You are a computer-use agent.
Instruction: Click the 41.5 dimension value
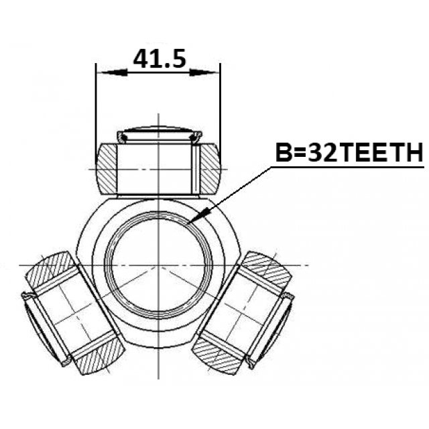click(x=160, y=58)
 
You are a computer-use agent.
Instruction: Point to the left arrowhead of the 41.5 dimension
click(x=113, y=73)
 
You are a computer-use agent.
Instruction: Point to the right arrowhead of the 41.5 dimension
click(x=204, y=73)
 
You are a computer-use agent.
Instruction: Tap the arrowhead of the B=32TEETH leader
click(x=199, y=215)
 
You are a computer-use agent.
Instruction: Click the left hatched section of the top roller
click(x=107, y=169)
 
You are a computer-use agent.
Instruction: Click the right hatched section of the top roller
click(x=210, y=169)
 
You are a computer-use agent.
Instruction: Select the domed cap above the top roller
click(x=160, y=135)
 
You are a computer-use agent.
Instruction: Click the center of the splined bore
click(x=159, y=265)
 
